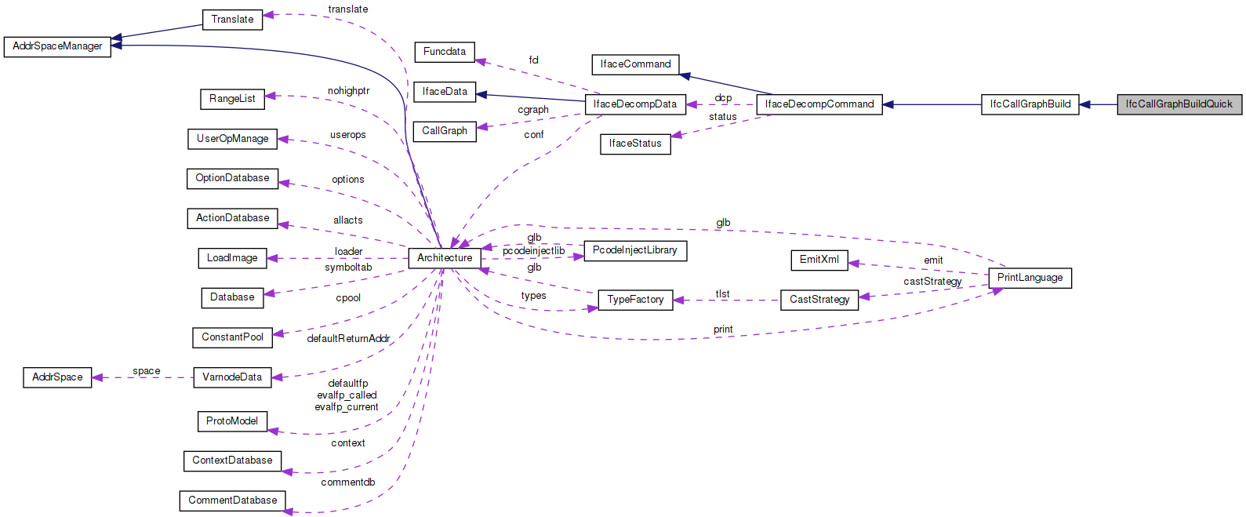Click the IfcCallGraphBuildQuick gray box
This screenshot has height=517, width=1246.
1179,104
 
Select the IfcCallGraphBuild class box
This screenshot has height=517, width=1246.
1030,104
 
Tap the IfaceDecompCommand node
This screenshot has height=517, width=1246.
819,104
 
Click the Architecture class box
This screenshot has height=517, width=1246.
445,258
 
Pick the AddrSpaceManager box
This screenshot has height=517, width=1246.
57,46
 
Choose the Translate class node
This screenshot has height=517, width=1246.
232,20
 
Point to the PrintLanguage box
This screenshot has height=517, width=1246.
1030,278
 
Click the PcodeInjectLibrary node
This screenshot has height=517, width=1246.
634,250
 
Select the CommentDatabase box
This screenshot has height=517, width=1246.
232,501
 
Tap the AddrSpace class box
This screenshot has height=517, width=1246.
57,377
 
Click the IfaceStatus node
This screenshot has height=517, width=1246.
635,144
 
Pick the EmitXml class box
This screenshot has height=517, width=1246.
819,260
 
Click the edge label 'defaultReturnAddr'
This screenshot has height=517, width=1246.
348,339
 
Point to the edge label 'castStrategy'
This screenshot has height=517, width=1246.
932,282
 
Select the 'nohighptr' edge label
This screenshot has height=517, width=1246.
348,91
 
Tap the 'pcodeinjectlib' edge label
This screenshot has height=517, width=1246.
533,251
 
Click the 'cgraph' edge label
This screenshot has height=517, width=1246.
533,110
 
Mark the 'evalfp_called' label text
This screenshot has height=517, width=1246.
347,395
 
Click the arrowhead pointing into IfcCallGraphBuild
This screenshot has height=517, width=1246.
1084,104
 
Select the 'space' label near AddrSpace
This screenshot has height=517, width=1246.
146,371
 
